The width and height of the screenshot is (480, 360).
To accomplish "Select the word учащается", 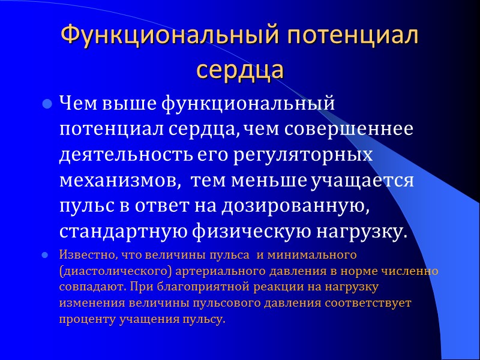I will coord(362,181).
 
